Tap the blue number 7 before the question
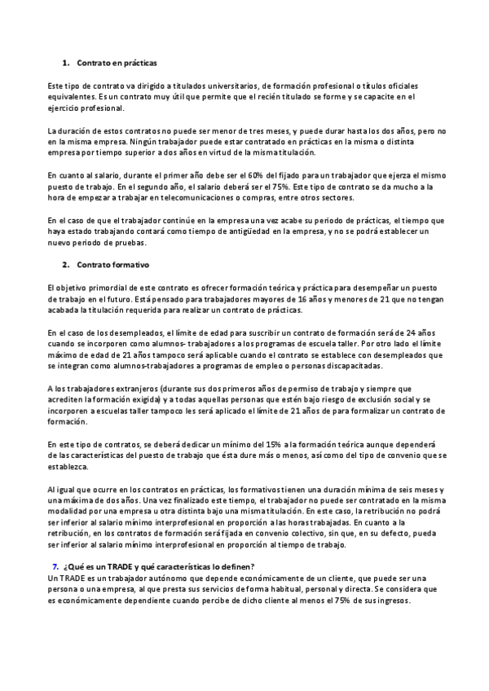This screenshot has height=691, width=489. point(55,544)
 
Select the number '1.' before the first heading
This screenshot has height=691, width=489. point(66,63)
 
